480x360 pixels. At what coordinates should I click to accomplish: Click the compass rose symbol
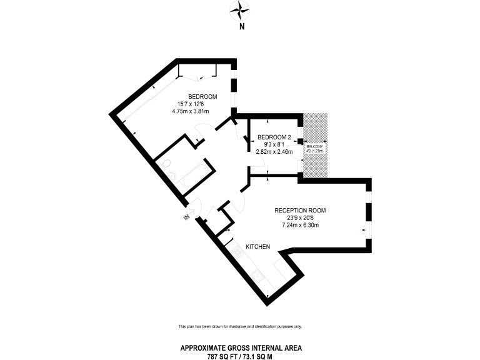240,9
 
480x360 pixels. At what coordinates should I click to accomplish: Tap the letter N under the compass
241,27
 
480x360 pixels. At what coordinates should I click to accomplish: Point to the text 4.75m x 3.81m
190,111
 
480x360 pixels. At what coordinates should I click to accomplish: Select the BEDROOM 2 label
274,137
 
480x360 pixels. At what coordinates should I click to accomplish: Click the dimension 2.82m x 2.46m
274,151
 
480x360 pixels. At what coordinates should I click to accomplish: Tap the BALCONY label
315,146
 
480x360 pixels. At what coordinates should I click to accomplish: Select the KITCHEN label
257,247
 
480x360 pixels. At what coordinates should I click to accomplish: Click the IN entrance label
186,217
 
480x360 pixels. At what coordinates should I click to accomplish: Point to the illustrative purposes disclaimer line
240,327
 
